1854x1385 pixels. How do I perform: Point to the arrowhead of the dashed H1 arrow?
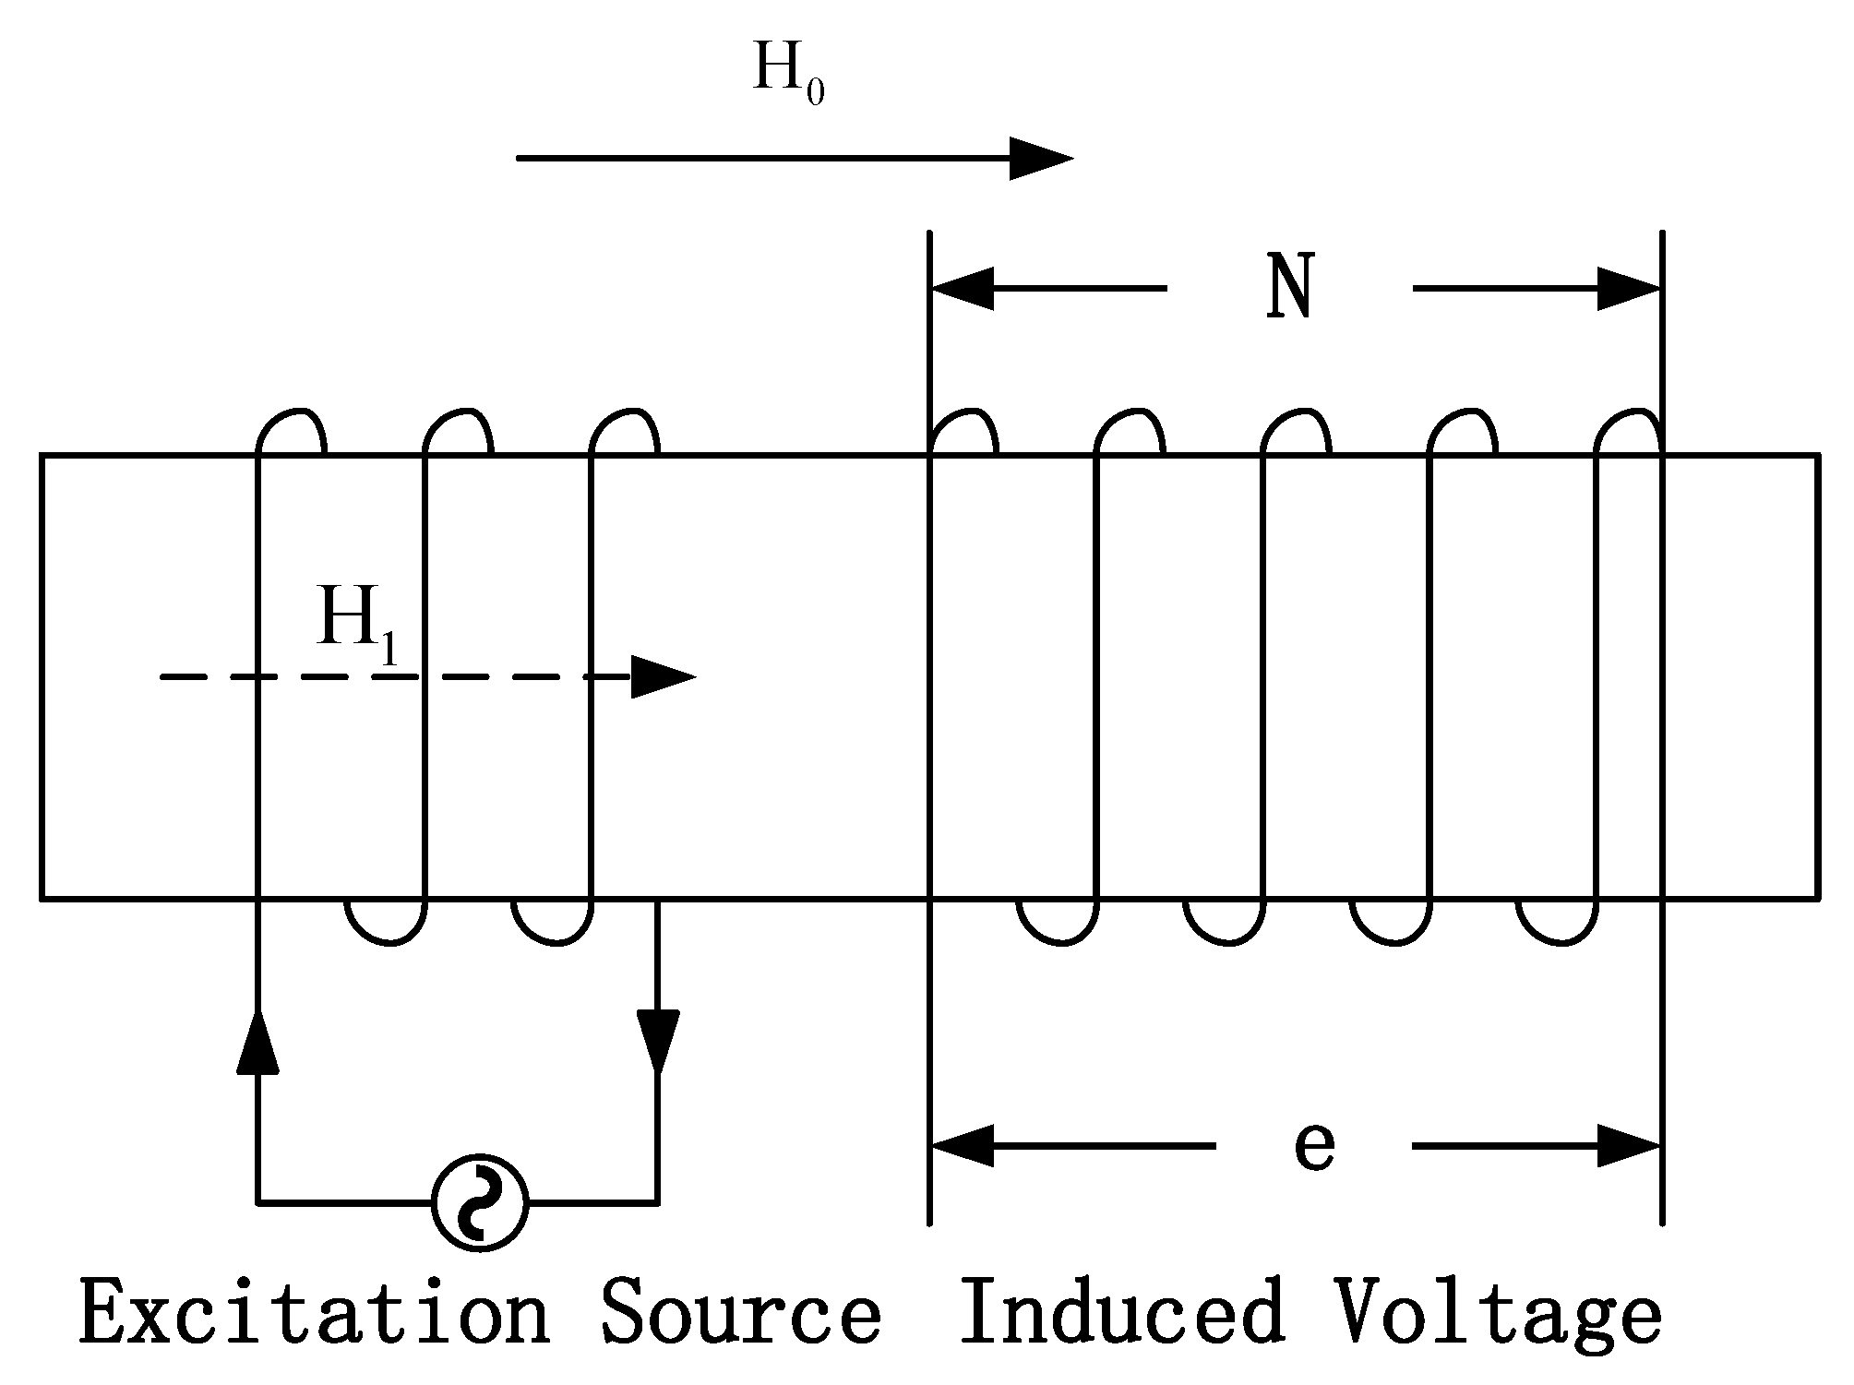(662, 677)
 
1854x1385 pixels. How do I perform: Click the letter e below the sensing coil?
(1314, 1146)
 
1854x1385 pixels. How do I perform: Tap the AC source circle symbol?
(480, 1202)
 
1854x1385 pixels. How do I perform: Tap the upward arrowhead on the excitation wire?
(257, 1044)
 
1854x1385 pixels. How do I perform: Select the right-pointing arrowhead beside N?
(1630, 289)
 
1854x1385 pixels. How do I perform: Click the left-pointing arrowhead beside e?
(962, 1146)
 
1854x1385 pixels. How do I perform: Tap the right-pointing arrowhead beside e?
(1630, 1146)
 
